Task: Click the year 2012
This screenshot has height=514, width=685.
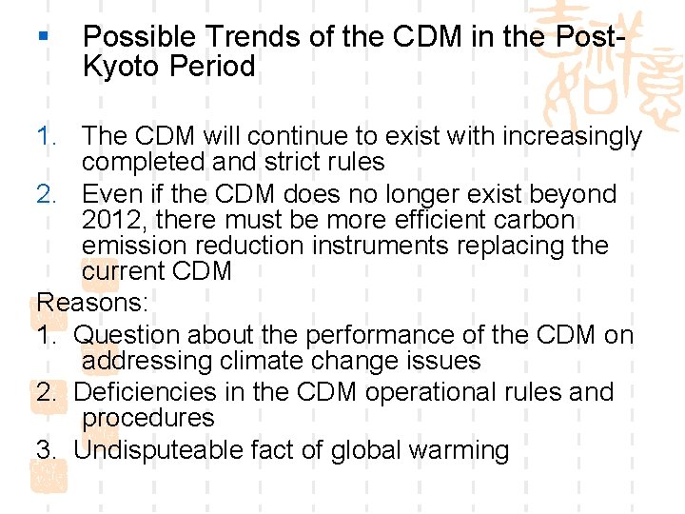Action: [x=113, y=220]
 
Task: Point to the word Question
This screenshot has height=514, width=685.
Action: [x=127, y=335]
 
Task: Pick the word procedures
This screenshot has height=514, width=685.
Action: [x=148, y=418]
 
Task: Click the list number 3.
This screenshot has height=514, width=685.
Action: [x=46, y=449]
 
